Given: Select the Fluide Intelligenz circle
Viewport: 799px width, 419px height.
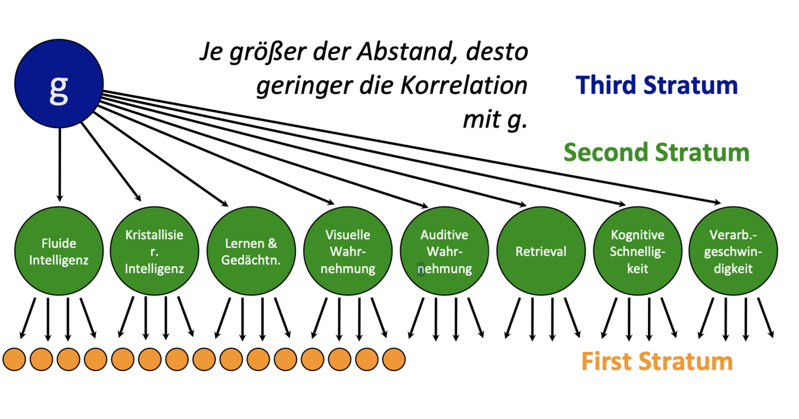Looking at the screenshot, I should (59, 252).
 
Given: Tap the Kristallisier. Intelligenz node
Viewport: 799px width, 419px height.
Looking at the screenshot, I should (155, 252).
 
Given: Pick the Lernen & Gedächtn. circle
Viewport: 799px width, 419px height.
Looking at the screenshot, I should (251, 252).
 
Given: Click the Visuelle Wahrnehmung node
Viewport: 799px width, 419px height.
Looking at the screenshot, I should (348, 252).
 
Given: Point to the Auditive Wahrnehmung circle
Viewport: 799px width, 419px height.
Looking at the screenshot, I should (444, 252).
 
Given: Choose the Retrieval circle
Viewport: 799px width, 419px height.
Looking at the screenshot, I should (541, 252).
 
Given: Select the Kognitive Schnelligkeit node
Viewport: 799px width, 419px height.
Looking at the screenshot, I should (637, 252).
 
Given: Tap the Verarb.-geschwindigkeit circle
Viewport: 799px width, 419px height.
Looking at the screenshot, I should (734, 252).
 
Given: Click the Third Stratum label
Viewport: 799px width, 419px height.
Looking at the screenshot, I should (657, 85).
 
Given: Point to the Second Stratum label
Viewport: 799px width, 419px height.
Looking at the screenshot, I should (656, 152).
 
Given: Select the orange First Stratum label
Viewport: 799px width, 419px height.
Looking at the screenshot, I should (657, 362).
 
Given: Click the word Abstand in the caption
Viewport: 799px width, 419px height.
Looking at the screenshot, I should (401, 53).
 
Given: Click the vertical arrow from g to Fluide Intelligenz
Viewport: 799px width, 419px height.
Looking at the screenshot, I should (59, 162).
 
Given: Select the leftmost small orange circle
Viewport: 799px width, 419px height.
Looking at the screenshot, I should (14, 359).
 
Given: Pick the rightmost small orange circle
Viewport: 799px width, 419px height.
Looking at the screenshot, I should (394, 359).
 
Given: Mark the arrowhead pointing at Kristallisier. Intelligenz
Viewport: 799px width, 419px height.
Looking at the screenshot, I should (137, 197).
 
